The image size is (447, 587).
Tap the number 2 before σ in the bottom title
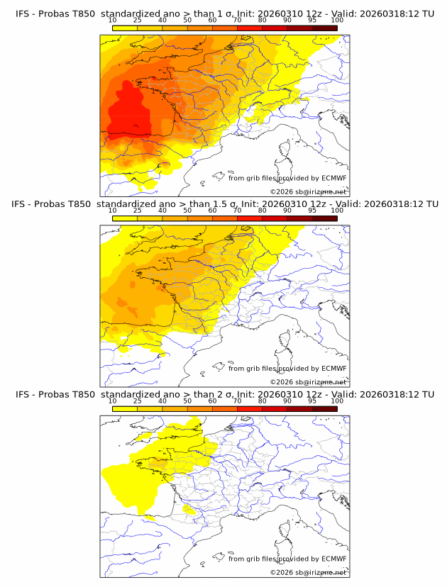pyautogui.click(x=230, y=394)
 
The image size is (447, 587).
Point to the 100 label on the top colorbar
pyautogui.click(x=337, y=20)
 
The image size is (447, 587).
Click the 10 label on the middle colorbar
pyautogui.click(x=112, y=211)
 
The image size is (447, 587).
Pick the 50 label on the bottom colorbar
pyautogui.click(x=187, y=401)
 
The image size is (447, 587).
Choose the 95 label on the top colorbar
pyautogui.click(x=312, y=20)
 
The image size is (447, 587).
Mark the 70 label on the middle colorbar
pyautogui.click(x=237, y=211)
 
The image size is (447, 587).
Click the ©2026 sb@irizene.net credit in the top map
pyautogui.click(x=308, y=191)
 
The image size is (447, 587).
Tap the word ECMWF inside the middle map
pyautogui.click(x=333, y=368)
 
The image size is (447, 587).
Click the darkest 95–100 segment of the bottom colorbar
pyautogui.click(x=324, y=408)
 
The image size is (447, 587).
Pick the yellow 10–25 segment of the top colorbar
pyautogui.click(x=125, y=28)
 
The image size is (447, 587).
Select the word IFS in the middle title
pyautogui.click(x=23, y=203)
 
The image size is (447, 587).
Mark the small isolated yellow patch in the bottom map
pyautogui.click(x=189, y=509)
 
